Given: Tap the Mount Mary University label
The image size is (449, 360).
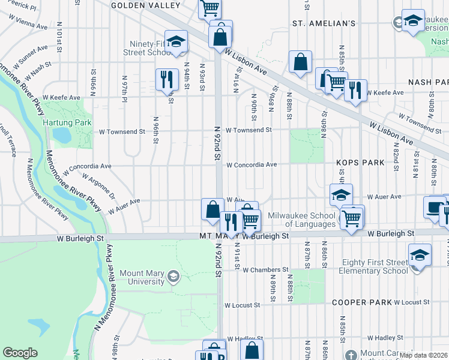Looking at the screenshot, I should point(142,277).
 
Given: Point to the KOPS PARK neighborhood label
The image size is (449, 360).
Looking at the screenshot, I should point(360,163).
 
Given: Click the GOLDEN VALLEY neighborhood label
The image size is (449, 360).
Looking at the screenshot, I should point(146,5).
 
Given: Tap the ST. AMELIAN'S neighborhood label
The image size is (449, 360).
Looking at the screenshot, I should point(324,23).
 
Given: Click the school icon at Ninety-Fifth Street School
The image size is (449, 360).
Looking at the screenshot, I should point(176,41).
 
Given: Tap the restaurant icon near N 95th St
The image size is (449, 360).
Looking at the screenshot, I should point(167,79).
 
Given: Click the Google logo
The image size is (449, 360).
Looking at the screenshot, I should point(20,353).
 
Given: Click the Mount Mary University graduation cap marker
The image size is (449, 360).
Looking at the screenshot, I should point(173,276).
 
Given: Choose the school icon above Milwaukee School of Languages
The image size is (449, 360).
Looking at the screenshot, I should point(341,195).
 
